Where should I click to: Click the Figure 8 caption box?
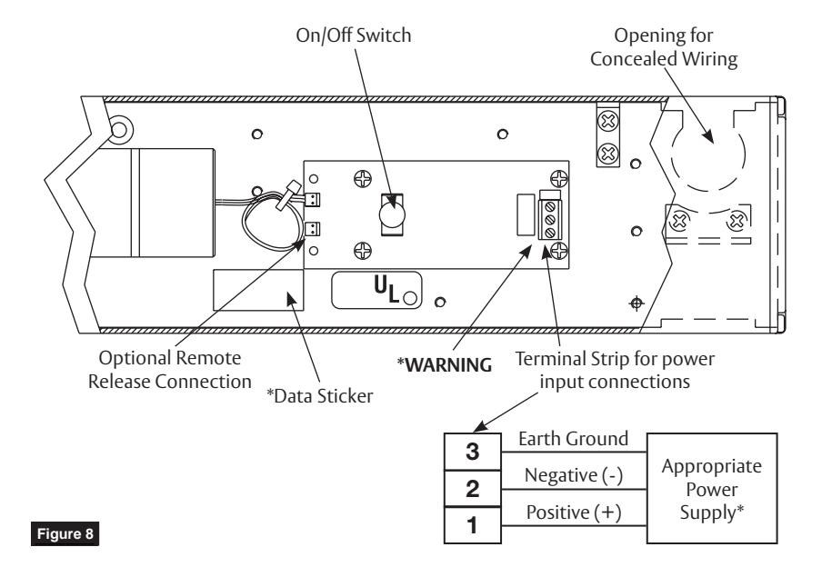[65, 533]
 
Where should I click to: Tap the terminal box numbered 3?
[472, 452]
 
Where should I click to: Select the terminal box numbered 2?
[472, 489]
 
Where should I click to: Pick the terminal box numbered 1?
[472, 525]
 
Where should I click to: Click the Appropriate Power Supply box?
[711, 489]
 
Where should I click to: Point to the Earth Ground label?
[573, 439]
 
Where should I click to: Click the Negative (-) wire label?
[574, 475]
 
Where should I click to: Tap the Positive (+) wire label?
[574, 512]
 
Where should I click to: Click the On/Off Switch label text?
[354, 35]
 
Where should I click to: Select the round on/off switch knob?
[392, 214]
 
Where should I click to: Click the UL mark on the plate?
[386, 289]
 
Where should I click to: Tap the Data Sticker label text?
[319, 395]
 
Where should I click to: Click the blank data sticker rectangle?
[258, 290]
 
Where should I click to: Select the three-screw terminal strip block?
[550, 220]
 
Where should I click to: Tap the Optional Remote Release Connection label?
[170, 370]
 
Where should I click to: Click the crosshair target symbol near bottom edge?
[637, 303]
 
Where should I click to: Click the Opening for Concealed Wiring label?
[664, 46]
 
